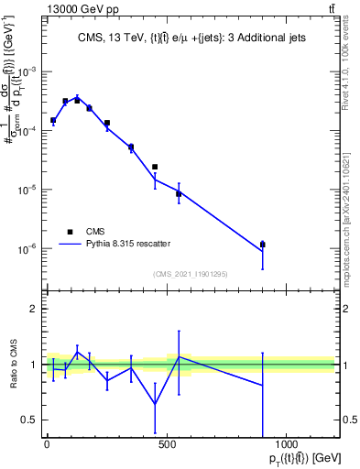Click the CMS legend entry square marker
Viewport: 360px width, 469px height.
tap(70, 232)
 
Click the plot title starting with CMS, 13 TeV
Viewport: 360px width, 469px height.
tap(191, 38)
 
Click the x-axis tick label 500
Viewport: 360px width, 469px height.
tap(167, 444)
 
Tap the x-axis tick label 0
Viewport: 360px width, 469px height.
tap(47, 444)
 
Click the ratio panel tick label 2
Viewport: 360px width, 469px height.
tap(33, 309)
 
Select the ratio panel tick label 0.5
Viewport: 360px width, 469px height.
tap(28, 420)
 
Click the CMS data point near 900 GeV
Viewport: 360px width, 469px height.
tap(263, 245)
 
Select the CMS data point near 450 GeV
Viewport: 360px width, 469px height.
tap(155, 167)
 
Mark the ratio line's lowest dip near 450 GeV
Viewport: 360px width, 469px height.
tap(155, 404)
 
